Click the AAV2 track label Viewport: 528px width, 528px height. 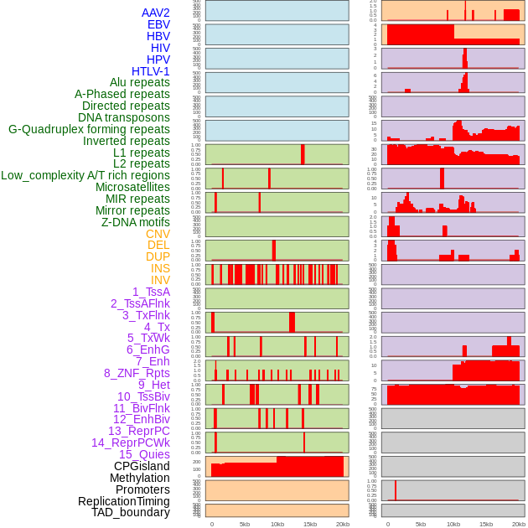pyautogui.click(x=156, y=13)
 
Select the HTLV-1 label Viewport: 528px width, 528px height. pyautogui.click(x=151, y=71)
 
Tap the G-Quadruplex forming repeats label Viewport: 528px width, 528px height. pyautogui.click(x=89, y=129)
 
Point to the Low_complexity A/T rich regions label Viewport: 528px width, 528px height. pyautogui.click(x=85, y=175)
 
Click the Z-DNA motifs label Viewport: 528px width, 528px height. pyautogui.click(x=136, y=222)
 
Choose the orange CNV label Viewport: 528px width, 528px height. pyautogui.click(x=158, y=234)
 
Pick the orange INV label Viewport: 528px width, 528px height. pyautogui.click(x=160, y=280)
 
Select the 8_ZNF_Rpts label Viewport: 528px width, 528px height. pyautogui.click(x=137, y=373)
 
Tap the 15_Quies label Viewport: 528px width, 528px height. pyautogui.click(x=144, y=454)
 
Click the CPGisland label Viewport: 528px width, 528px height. pyautogui.click(x=142, y=466)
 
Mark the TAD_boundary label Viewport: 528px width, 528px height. pyautogui.click(x=131, y=512)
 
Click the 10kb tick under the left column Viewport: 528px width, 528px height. pyautogui.click(x=277, y=524)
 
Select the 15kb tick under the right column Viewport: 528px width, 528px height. pyautogui.click(x=486, y=524)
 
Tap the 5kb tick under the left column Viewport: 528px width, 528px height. pyautogui.click(x=245, y=524)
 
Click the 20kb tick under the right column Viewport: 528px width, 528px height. pyautogui.click(x=519, y=524)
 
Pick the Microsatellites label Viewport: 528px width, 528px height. pyautogui.click(x=132, y=187)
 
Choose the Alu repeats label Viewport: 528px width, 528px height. pyautogui.click(x=140, y=82)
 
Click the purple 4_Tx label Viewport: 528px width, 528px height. pyautogui.click(x=157, y=327)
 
